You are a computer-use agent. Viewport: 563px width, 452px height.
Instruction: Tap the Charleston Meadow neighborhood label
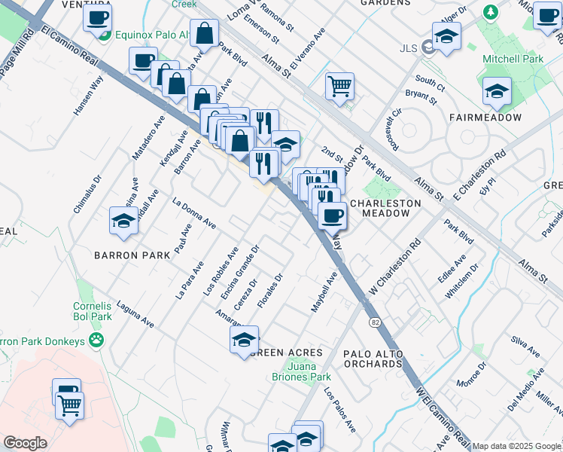(x=379, y=208)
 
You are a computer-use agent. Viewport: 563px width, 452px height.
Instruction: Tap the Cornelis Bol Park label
(x=92, y=312)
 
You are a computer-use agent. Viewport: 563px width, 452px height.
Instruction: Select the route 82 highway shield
(x=373, y=322)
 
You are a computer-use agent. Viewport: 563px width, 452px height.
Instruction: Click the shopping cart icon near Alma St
(x=339, y=85)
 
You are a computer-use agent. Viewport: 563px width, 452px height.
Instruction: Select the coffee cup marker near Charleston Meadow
(x=330, y=215)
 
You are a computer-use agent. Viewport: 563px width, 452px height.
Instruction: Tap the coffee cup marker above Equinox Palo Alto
(x=98, y=18)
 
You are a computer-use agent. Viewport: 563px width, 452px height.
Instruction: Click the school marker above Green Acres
(x=244, y=339)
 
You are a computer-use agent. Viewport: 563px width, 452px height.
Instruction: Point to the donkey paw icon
(x=96, y=341)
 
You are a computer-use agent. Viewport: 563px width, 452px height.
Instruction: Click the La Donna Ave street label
(x=194, y=214)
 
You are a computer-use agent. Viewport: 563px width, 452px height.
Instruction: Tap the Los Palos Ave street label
(x=340, y=410)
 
